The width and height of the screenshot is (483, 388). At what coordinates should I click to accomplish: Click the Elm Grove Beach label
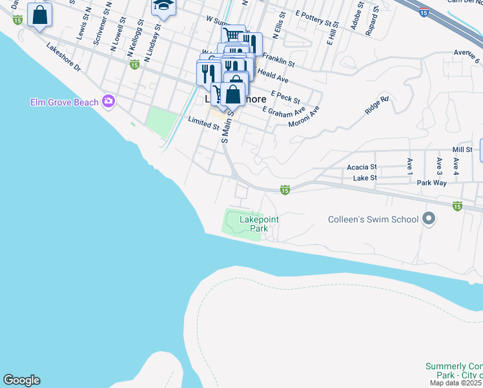(64, 102)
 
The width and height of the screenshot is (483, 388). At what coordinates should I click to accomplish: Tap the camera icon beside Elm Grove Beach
(108, 101)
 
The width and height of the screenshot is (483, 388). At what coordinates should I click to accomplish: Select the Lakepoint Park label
(259, 224)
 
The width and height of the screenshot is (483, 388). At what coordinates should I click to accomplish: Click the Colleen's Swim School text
(373, 219)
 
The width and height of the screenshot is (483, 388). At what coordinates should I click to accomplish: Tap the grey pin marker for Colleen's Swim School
(427, 219)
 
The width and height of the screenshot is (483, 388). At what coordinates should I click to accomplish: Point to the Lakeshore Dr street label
(63, 58)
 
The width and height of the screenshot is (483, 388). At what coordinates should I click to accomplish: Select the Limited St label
(203, 123)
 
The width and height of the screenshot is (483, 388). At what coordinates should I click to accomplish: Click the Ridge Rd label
(377, 105)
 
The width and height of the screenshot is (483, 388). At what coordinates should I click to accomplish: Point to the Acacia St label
(362, 167)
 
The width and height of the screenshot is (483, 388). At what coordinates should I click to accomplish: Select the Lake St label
(365, 177)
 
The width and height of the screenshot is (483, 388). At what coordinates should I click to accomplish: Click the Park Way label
(431, 183)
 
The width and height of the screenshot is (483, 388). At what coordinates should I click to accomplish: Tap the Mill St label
(462, 149)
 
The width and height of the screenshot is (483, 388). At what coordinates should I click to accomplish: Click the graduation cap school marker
(163, 8)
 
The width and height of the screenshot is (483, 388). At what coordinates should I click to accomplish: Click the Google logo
(21, 380)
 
